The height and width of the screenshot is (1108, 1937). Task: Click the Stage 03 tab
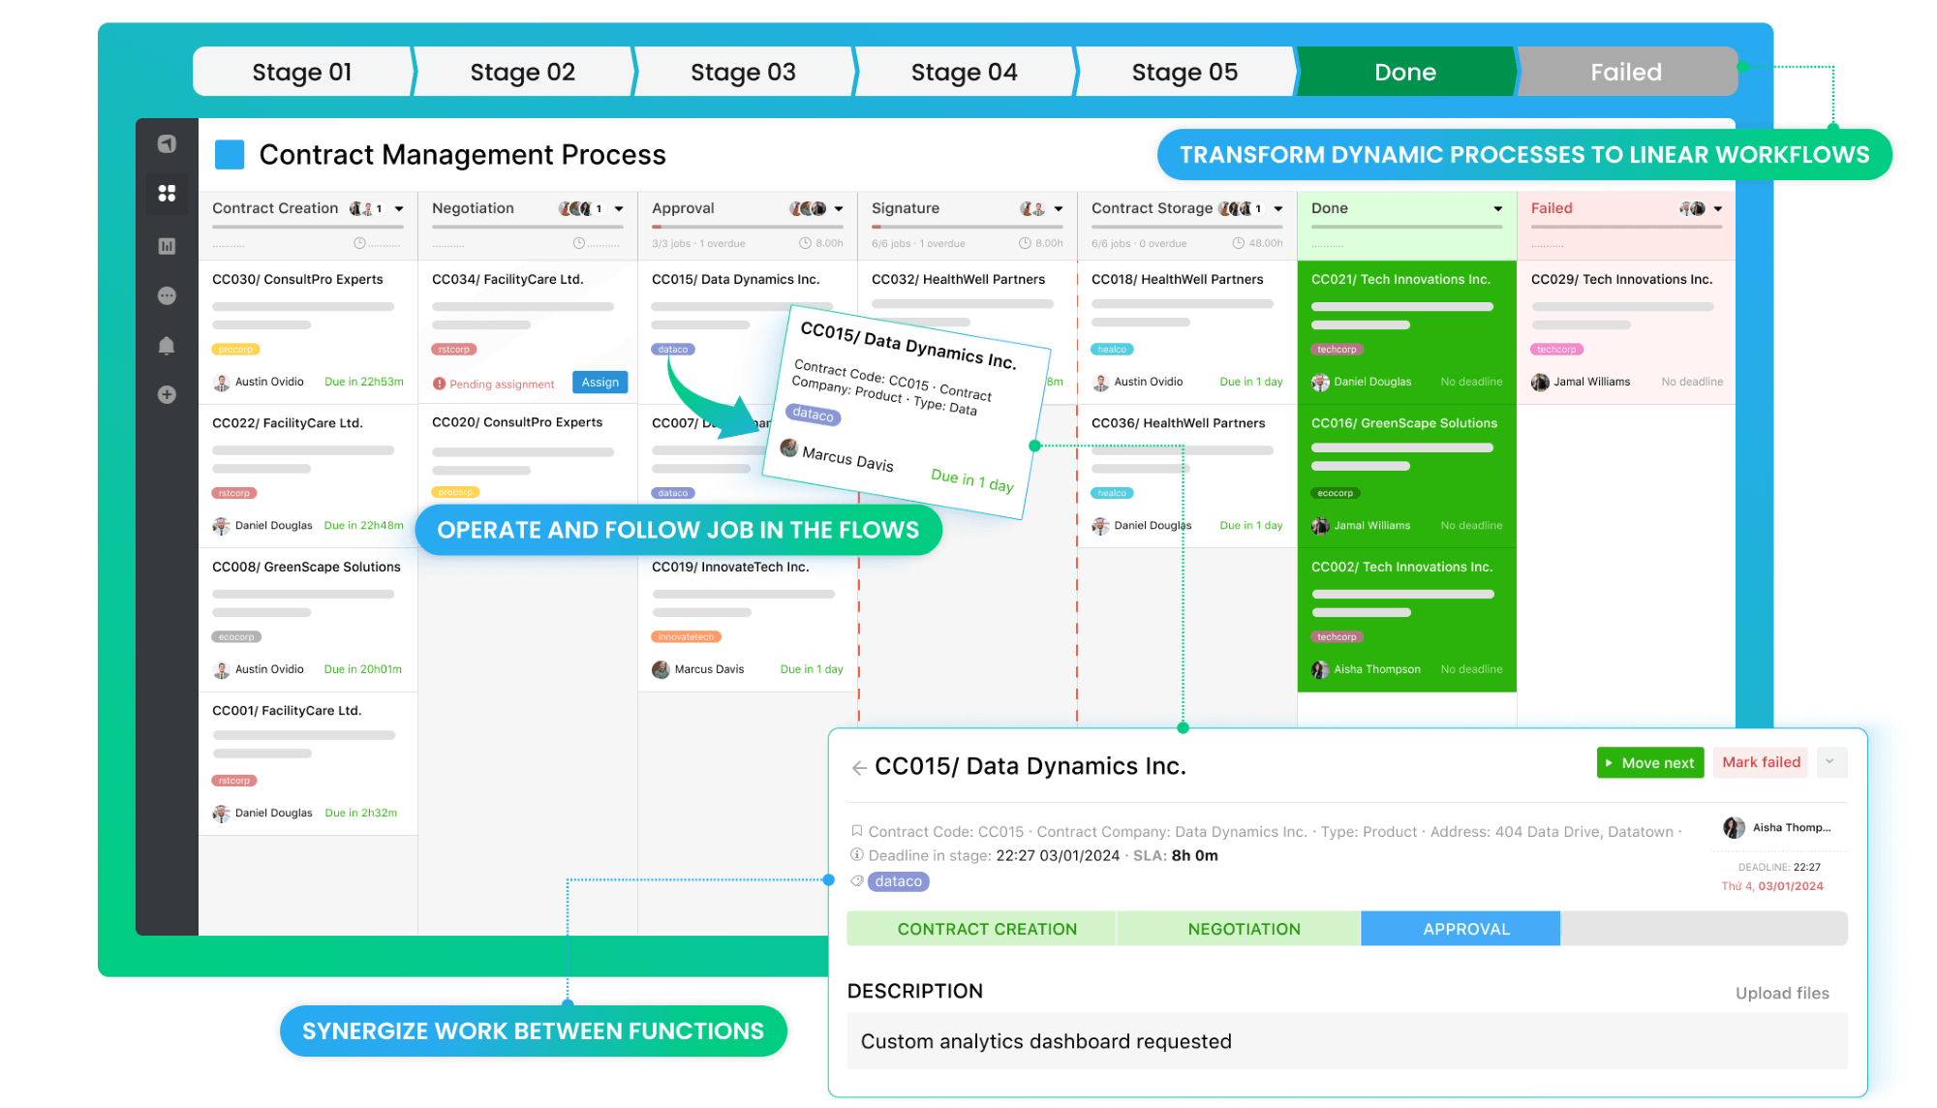click(743, 72)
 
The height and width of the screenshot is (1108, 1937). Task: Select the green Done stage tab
click(1405, 72)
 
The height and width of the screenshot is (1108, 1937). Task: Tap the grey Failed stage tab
click(1625, 72)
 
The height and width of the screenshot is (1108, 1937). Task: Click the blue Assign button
click(600, 383)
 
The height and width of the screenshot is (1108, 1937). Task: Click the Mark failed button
click(1761, 762)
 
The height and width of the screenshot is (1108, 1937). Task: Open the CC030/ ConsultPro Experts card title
click(297, 279)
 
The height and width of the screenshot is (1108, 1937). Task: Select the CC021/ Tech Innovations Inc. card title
click(1400, 279)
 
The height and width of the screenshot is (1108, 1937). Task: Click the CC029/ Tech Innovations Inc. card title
click(1621, 279)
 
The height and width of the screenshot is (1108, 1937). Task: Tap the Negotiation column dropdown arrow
click(619, 209)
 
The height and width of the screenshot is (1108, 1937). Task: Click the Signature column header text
click(906, 208)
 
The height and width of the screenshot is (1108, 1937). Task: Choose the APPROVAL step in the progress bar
click(1465, 929)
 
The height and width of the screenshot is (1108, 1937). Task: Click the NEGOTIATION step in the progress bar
click(1244, 929)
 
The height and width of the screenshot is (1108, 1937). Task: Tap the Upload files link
click(1782, 993)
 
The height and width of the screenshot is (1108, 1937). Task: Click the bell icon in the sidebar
click(167, 346)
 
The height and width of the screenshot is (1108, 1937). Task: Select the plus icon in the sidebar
click(167, 394)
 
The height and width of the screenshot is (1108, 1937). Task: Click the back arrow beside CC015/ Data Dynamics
click(858, 768)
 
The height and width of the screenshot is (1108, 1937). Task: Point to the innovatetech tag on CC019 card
click(686, 637)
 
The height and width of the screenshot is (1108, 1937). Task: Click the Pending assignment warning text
click(502, 385)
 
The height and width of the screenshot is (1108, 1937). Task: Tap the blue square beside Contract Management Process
click(230, 155)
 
